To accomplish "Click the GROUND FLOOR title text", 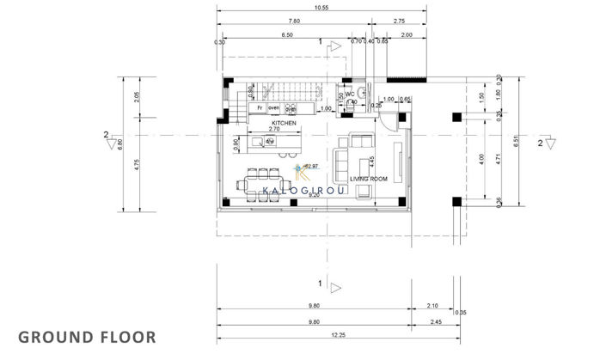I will [86, 335].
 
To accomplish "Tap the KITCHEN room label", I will [285, 124].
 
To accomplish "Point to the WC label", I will [364, 95].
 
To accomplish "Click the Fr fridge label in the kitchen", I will [258, 109].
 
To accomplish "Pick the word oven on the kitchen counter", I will [274, 109].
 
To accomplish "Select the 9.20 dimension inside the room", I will [315, 196].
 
